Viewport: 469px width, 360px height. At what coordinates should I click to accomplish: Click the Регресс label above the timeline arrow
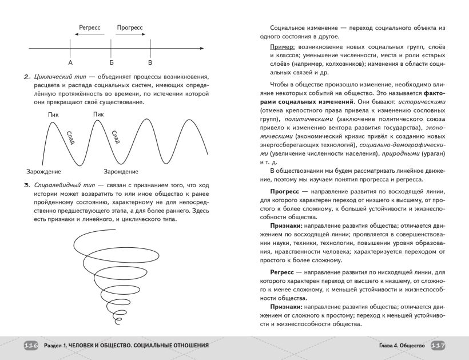pos(90,27)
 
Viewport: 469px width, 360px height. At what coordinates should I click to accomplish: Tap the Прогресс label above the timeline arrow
pos(130,27)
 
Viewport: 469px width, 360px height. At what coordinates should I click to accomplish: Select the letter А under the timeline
pos(70,62)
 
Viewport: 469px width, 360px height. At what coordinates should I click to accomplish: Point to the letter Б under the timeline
pos(111,62)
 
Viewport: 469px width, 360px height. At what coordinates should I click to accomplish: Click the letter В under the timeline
pos(150,62)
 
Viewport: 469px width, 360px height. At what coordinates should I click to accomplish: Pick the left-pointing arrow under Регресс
pos(90,35)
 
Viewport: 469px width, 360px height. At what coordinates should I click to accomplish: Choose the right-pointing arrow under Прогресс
pos(130,35)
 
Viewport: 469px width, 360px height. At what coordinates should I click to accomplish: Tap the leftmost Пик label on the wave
pos(54,114)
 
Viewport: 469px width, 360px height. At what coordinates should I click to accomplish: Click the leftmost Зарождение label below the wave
pos(43,171)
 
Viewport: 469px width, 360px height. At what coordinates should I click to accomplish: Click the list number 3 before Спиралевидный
pos(26,185)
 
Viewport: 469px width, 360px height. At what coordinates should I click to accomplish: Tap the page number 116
pos(31,346)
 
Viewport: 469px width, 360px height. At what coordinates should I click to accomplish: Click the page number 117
pos(438,346)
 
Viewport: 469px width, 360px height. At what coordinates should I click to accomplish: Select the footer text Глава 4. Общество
pos(402,346)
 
